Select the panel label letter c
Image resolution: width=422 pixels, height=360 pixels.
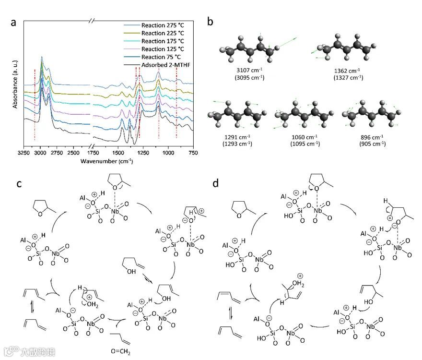[x=18, y=183]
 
